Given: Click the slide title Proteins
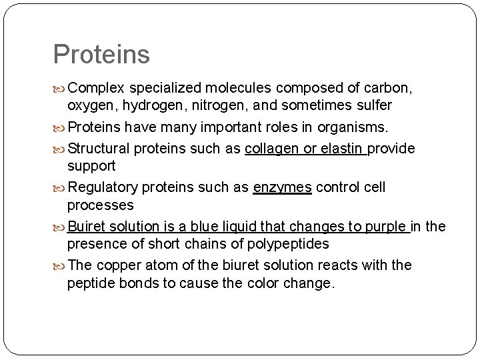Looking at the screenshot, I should pos(101,55).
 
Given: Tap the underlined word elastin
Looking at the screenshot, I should pos(340,149).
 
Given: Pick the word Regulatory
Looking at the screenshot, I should pos(103,188).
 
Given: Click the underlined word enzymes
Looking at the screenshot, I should pos(282,188).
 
